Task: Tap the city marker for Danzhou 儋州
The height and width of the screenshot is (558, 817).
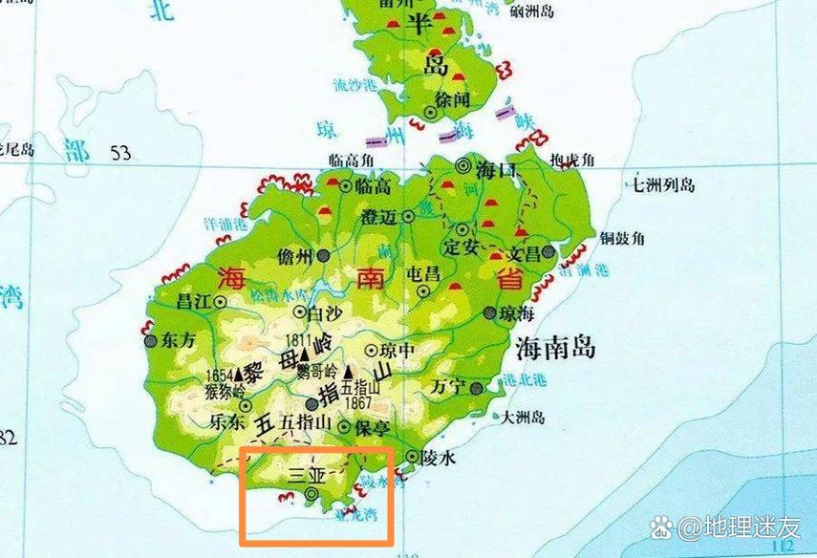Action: (x=325, y=255)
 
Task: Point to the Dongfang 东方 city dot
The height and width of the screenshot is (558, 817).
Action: (x=150, y=339)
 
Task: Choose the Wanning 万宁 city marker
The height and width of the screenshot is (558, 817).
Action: (x=475, y=387)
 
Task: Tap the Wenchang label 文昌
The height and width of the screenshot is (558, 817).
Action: (x=523, y=255)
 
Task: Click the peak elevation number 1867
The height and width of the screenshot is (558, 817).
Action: (x=357, y=402)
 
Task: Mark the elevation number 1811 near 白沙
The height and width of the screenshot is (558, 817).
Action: (x=298, y=339)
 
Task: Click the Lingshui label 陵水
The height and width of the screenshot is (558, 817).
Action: (x=440, y=459)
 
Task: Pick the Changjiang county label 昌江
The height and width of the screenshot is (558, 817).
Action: (x=193, y=301)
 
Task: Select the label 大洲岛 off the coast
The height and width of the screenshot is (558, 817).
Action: (x=524, y=418)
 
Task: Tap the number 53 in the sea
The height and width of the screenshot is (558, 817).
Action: (x=120, y=152)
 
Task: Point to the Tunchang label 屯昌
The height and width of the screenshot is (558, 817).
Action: (x=423, y=274)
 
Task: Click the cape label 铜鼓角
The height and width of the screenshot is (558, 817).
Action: (x=622, y=238)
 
